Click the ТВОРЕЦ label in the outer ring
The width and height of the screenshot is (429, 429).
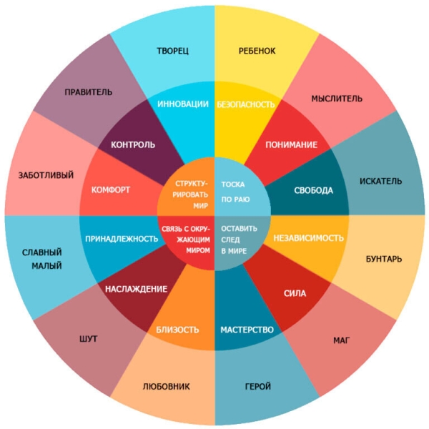(172, 51)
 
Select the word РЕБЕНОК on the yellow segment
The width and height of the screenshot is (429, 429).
(257, 51)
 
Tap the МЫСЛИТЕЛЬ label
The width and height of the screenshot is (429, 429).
(337, 99)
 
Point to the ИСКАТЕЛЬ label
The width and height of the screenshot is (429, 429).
(380, 181)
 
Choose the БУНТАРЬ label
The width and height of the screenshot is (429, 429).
(384, 259)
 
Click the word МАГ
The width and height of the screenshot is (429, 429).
(342, 340)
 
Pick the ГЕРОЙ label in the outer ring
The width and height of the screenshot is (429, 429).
(258, 386)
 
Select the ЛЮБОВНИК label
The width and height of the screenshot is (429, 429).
(167, 386)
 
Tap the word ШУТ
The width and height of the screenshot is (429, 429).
(88, 339)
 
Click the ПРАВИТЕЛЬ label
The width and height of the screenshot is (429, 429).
(89, 92)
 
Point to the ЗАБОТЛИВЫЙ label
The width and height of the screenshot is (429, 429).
(46, 175)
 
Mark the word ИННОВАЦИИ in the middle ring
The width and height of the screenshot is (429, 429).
(183, 104)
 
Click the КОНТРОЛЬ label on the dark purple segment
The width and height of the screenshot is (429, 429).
(133, 144)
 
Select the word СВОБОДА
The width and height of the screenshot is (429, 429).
(314, 190)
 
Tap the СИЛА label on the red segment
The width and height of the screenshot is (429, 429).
(295, 294)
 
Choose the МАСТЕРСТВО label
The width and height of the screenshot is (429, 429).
(247, 330)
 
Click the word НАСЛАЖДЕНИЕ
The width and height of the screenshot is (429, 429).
(137, 289)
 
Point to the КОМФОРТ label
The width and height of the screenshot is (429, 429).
(111, 190)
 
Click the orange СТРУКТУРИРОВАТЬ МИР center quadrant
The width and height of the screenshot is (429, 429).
(187, 187)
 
